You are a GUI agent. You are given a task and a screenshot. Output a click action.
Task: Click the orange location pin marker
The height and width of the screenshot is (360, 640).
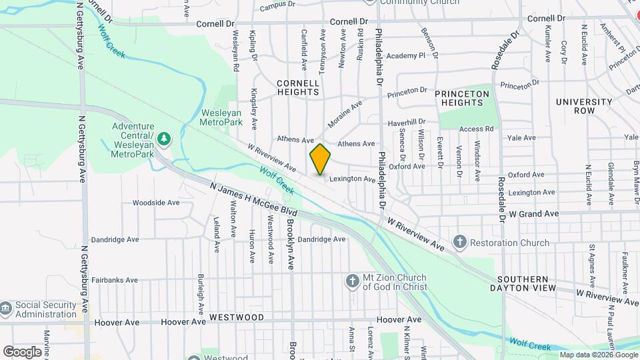(320, 159)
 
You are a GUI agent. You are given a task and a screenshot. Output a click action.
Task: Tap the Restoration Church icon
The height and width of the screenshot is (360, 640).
(459, 243)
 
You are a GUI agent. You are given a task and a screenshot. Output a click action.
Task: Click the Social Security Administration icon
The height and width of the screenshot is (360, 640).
(6, 309)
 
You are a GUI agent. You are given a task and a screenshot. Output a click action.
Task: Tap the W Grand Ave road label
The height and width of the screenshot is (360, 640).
(533, 214)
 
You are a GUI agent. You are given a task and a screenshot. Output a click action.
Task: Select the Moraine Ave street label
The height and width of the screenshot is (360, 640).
(344, 114)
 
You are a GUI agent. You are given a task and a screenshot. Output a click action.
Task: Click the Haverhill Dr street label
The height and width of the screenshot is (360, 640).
(407, 121)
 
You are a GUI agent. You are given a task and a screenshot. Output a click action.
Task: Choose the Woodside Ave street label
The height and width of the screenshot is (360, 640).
(156, 202)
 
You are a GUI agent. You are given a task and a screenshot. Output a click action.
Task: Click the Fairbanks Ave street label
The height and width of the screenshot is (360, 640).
(115, 281)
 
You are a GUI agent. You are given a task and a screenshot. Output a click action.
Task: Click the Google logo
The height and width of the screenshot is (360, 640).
(23, 351)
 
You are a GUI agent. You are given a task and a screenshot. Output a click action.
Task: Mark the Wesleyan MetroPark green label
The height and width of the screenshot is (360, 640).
(221, 117)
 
